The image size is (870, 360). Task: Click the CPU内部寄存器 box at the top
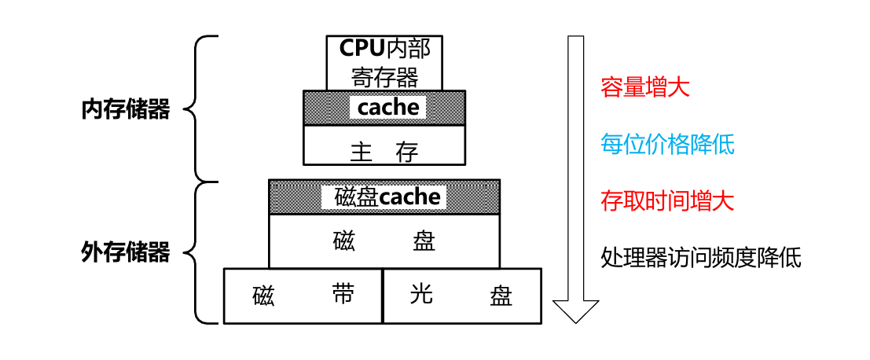(384, 62)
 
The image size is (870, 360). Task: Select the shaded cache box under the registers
(384, 107)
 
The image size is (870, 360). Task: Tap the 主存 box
(384, 146)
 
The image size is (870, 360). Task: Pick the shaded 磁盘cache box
(384, 197)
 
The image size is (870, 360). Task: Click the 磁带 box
(303, 296)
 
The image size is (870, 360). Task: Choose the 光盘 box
(461, 296)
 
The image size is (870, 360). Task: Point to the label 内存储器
(126, 109)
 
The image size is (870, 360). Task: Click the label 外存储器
(126, 253)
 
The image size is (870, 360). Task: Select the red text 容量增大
(644, 86)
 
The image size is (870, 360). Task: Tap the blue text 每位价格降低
(667, 144)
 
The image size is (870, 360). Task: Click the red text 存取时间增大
(667, 201)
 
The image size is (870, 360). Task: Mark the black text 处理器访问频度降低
(701, 257)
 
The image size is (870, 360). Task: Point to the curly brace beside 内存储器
(196, 108)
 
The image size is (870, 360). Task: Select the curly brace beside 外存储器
(196, 253)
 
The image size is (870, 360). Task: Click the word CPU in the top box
(362, 49)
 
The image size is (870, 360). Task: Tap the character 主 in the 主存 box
(361, 152)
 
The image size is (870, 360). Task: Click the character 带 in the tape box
(343, 295)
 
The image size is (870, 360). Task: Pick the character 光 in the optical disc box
(422, 295)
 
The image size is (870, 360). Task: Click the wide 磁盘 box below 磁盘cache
(384, 241)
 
